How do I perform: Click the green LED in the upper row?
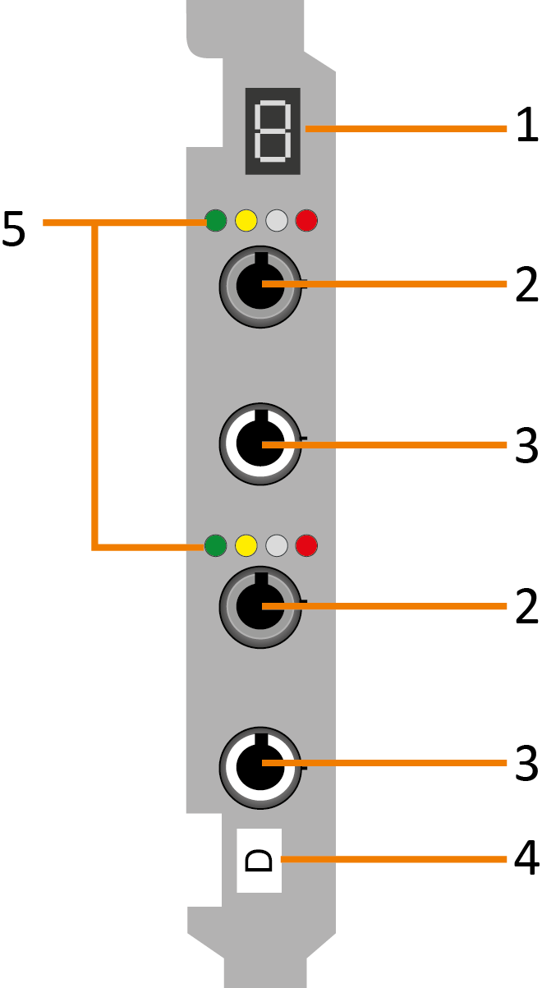click(x=216, y=220)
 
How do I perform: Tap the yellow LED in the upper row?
click(x=246, y=220)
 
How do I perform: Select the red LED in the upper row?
click(x=306, y=220)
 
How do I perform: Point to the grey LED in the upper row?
click(x=277, y=220)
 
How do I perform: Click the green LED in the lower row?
click(x=216, y=544)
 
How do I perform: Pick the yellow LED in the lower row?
click(x=246, y=544)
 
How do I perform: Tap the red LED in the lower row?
click(x=306, y=544)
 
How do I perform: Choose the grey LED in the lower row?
click(x=277, y=544)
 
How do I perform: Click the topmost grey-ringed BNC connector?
click(x=260, y=285)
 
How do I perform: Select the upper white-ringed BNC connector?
click(x=260, y=444)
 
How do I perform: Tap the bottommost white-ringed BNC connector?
click(x=260, y=765)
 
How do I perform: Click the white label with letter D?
click(x=260, y=860)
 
